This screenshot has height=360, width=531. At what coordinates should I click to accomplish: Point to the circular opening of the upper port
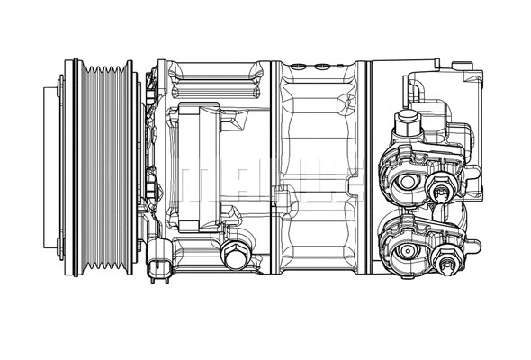pyautogui.click(x=407, y=182)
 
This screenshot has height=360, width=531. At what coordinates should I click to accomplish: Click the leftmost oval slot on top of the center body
pyautogui.click(x=298, y=65)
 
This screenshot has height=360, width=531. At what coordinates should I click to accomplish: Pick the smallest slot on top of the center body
pyautogui.click(x=341, y=65)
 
